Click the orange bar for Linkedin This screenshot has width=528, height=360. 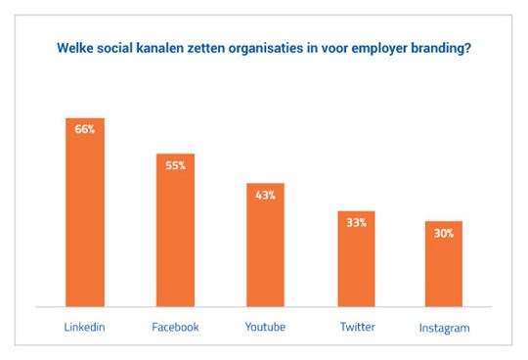(x=85, y=212)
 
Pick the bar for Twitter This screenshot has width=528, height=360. (x=356, y=258)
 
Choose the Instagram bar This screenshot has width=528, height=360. (x=444, y=264)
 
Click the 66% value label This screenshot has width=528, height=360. (x=85, y=129)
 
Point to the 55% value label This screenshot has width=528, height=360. (x=176, y=165)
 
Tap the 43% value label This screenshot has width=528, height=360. (x=266, y=195)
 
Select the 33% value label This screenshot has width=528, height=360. (x=356, y=222)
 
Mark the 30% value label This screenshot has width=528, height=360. (x=444, y=233)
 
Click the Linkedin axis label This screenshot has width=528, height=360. (x=85, y=327)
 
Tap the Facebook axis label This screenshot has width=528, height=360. (x=176, y=327)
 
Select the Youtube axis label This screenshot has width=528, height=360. (x=265, y=327)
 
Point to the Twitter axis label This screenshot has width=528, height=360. (x=356, y=327)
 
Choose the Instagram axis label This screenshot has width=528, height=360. (x=444, y=329)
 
